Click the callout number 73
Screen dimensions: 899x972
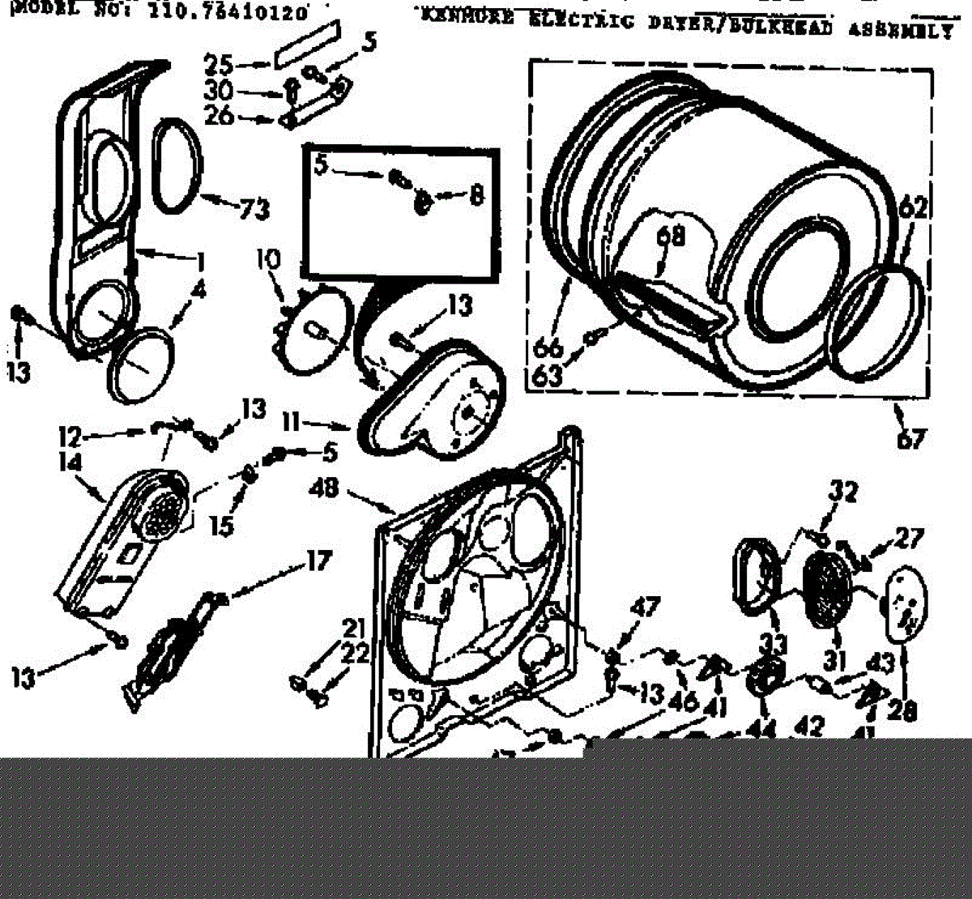coord(254,210)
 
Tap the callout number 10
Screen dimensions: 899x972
coord(269,262)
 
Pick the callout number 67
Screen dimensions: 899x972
coord(910,440)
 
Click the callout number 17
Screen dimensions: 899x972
coord(318,560)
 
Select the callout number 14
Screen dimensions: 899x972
coord(71,463)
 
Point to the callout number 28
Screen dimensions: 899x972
coord(902,710)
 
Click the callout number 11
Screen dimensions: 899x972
coord(293,422)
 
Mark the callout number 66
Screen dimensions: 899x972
coord(548,347)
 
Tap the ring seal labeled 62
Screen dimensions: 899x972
coord(878,324)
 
